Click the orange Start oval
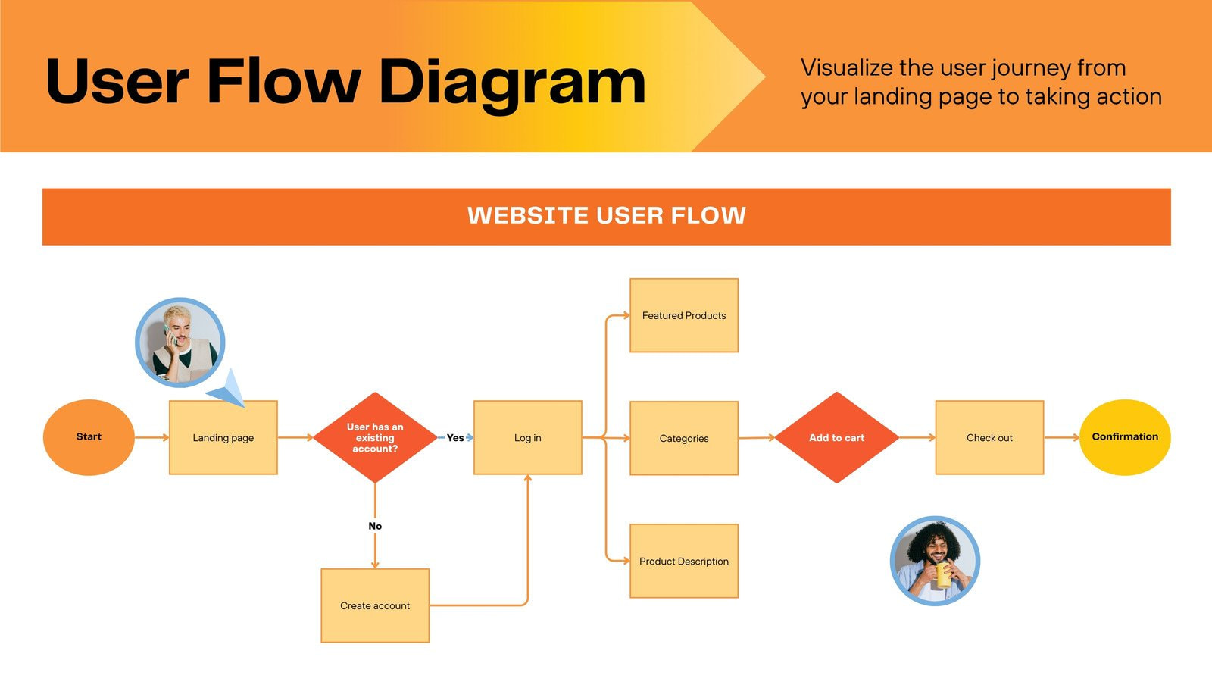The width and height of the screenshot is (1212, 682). pyautogui.click(x=89, y=437)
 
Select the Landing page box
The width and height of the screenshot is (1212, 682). pyautogui.click(x=223, y=438)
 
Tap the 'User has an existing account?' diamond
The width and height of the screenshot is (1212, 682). pyautogui.click(x=375, y=438)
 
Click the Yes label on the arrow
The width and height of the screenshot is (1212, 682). pyautogui.click(x=455, y=438)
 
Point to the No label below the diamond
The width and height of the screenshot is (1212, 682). pyautogui.click(x=375, y=526)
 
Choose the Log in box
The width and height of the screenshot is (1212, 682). pyautogui.click(x=527, y=438)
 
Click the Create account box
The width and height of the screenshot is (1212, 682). pyautogui.click(x=375, y=605)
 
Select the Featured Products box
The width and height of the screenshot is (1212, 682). pyautogui.click(x=683, y=315)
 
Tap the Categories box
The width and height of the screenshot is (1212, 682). pyautogui.click(x=683, y=438)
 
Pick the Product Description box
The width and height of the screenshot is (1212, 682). pyautogui.click(x=683, y=561)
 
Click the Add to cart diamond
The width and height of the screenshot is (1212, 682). pyautogui.click(x=836, y=438)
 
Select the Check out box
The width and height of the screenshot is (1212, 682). pyautogui.click(x=989, y=438)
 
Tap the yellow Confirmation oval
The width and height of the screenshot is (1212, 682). pyautogui.click(x=1125, y=437)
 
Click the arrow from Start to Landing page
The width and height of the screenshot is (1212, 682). pyautogui.click(x=151, y=437)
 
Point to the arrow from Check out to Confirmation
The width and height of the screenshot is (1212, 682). pyautogui.click(x=1061, y=437)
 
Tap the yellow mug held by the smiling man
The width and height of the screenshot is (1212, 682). pyautogui.click(x=943, y=574)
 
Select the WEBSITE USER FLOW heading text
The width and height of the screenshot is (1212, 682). pyautogui.click(x=606, y=216)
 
